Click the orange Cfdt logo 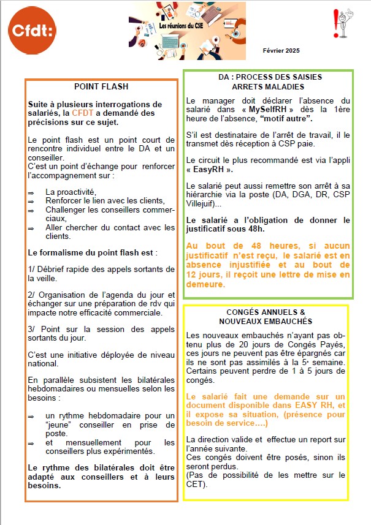pos(30,30)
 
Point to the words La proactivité pos(69,192)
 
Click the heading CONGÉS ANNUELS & pos(266,312)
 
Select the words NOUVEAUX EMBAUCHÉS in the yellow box pos(266,321)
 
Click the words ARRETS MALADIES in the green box pos(261,86)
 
